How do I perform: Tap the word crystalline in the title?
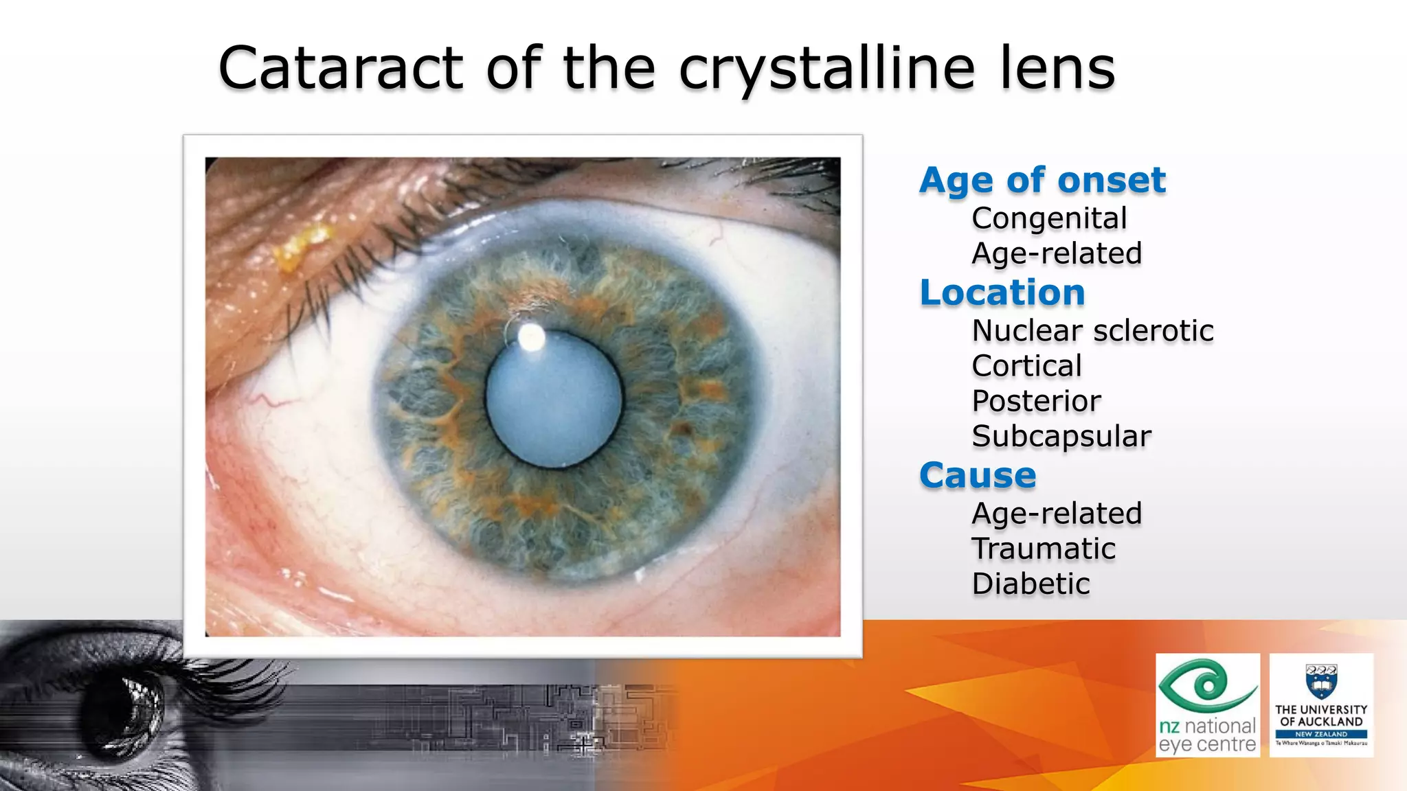point(827,69)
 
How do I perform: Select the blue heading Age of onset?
point(1042,180)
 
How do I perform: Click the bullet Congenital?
point(1049,218)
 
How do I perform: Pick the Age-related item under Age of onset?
point(1057,253)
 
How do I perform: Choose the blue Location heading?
point(1002,293)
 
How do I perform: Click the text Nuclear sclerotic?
point(1092,331)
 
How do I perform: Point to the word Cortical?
point(1026,366)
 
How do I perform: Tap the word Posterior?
point(1036,401)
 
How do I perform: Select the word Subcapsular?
point(1061,436)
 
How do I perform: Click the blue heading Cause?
point(978,475)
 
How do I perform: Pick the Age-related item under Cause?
point(1057,514)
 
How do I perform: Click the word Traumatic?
point(1043,549)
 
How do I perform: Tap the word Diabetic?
point(1031,584)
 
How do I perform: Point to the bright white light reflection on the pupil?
point(531,337)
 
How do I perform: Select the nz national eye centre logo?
point(1207,705)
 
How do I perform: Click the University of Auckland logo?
point(1321,705)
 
